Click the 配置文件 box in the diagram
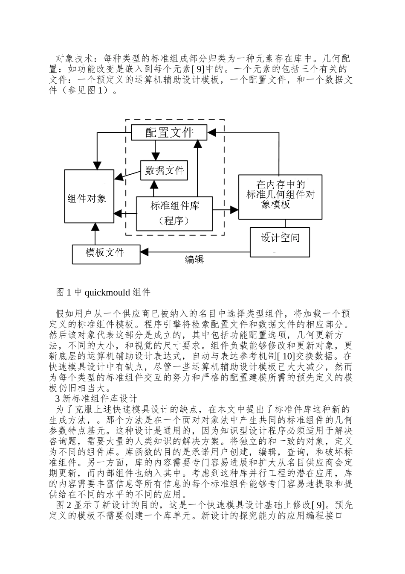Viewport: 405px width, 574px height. click(169, 132)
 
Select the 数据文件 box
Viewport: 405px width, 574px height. click(164, 170)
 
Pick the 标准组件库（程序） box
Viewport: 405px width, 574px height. click(174, 214)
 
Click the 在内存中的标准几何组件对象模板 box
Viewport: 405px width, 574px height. click(280, 197)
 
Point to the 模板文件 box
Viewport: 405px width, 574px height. click(106, 253)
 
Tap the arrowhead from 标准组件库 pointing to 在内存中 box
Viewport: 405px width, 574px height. click(234, 210)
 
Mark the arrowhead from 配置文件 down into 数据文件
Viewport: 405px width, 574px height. click(155, 156)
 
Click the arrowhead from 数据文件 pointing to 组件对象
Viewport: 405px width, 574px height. click(119, 177)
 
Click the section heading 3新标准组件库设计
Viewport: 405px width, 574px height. click(96, 399)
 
